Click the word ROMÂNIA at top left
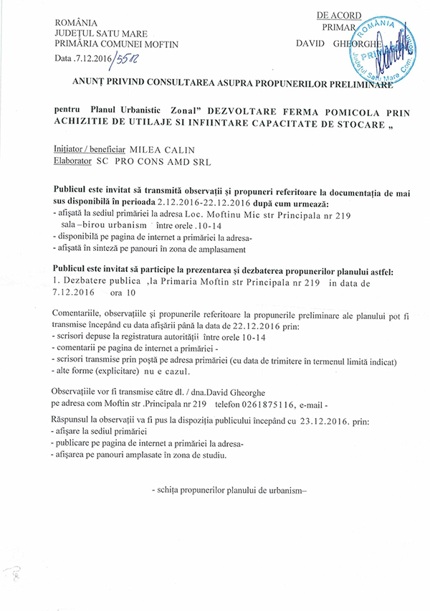coord(77,23)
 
